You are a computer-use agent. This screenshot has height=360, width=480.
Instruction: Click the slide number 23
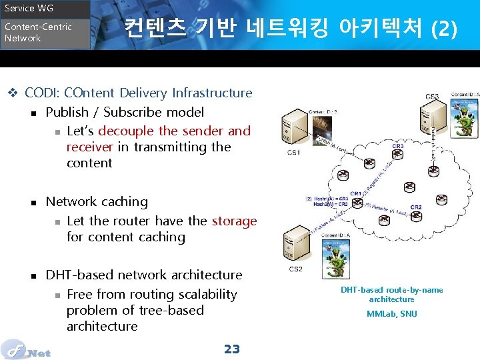click(231, 349)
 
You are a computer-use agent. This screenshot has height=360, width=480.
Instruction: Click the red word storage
click(234, 221)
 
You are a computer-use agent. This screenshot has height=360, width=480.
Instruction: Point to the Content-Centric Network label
click(37, 33)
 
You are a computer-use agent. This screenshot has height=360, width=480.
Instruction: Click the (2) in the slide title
click(444, 29)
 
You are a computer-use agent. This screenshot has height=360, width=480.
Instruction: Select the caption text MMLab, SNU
click(392, 313)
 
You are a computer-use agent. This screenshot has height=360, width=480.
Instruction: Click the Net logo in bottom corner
click(27, 350)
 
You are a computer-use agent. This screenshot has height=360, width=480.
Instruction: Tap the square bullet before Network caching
click(33, 202)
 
